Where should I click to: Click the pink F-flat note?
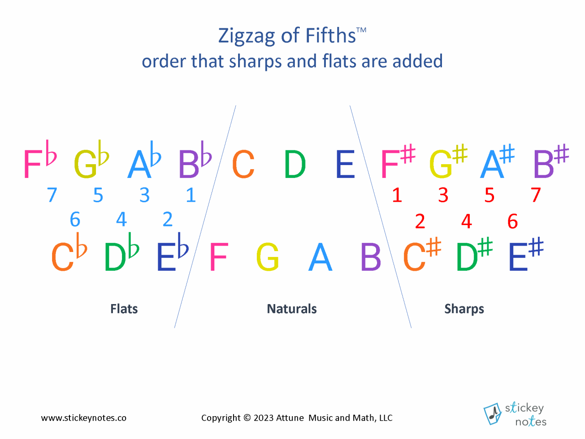click(40, 159)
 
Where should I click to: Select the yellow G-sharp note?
click(448, 161)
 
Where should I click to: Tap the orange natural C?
click(243, 164)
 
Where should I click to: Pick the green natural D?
click(295, 164)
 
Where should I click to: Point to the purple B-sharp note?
click(551, 161)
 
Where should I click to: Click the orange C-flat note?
click(69, 252)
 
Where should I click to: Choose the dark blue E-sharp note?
click(526, 254)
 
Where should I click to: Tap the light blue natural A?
click(320, 257)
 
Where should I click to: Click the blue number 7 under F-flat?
click(52, 195)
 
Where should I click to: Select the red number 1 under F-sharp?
click(397, 195)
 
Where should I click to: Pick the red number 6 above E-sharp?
click(512, 221)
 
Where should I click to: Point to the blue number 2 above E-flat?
click(168, 219)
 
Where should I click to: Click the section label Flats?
click(124, 309)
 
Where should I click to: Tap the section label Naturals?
click(292, 309)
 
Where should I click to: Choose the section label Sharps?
click(464, 309)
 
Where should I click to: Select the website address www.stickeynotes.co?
click(84, 418)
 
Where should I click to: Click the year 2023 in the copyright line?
click(264, 418)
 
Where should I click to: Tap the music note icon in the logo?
click(493, 414)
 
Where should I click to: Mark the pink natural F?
click(219, 257)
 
